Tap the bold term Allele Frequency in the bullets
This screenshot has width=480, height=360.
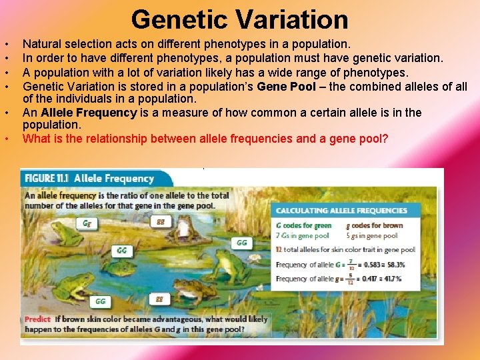coord(89,113)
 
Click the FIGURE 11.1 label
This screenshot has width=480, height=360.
coord(47,179)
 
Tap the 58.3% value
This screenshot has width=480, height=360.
coord(393,265)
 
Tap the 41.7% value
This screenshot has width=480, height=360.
coord(393,279)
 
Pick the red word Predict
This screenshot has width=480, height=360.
coord(38,319)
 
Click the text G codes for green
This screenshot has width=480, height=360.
coord(303,226)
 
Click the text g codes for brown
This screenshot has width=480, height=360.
coord(377,226)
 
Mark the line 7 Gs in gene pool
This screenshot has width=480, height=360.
coord(303,236)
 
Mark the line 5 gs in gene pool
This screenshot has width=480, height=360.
coord(373,236)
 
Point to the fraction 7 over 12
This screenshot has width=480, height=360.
coord(350,265)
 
